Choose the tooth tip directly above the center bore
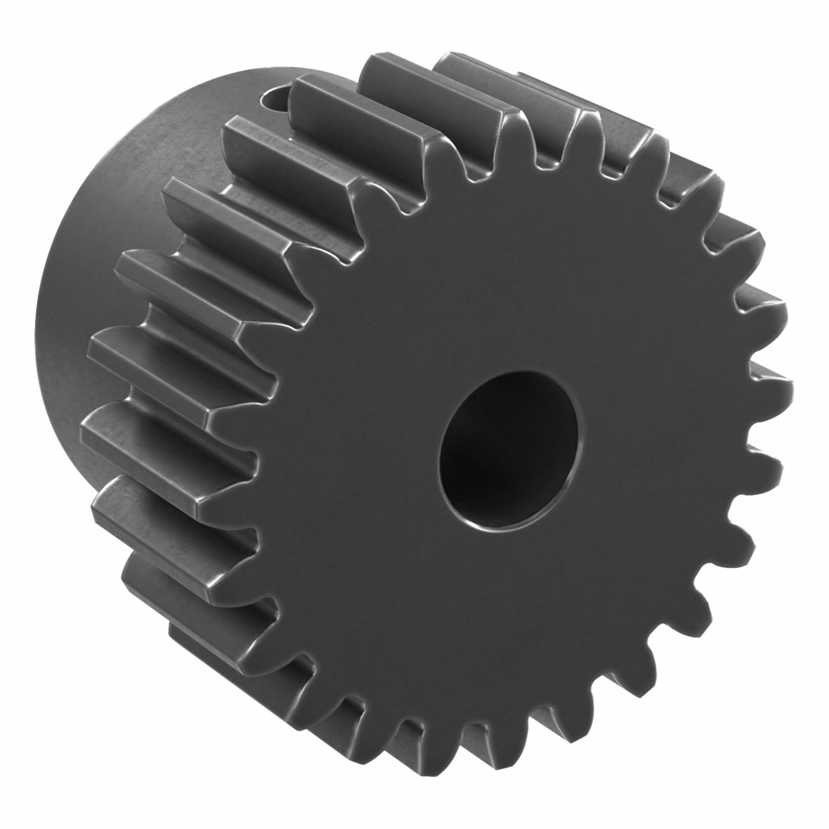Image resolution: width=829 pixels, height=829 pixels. (511, 129)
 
